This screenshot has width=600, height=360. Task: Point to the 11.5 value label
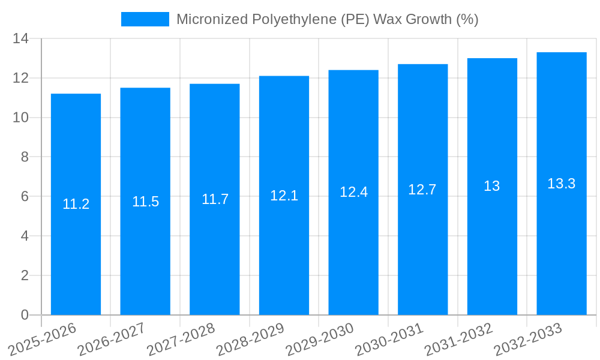pos(145,202)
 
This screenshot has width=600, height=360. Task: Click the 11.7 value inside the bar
pos(215,199)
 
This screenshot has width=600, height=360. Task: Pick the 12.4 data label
pos(353,192)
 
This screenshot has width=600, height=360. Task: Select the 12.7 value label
pos(422,190)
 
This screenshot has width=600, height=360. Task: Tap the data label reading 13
pos(492,186)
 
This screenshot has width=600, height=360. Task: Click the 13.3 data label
pos(562,184)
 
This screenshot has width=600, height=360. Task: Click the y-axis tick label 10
pos(21,118)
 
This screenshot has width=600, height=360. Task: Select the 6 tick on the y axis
pos(25,197)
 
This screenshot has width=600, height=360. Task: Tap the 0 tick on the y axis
pos(25,315)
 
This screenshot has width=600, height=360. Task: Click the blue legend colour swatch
pos(145,19)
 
